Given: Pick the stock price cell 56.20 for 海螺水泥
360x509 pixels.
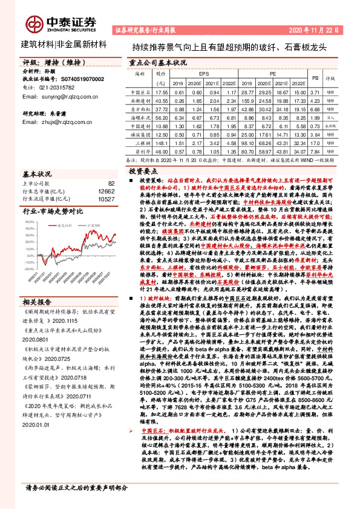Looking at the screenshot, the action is [x=161, y=119].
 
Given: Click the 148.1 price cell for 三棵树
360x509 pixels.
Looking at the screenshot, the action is [x=161, y=144].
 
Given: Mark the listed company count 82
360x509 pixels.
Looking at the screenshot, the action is [x=111, y=183].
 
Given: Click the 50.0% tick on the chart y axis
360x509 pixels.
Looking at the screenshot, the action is [x=28, y=222].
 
